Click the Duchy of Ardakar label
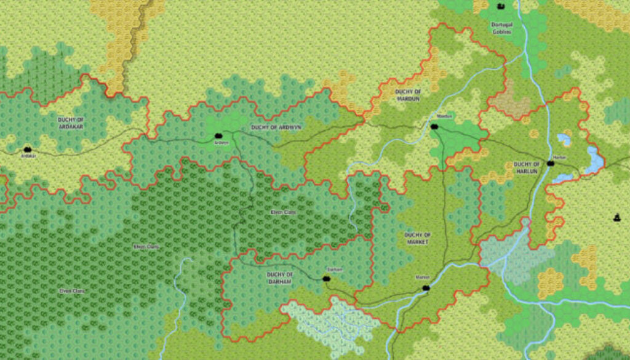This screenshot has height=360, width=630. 70,122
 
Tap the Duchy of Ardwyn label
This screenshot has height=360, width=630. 276,127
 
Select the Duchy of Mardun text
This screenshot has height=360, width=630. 407,94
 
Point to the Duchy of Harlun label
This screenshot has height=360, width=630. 527,167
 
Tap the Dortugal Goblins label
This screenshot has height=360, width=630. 501,28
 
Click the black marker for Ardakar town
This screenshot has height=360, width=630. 28,149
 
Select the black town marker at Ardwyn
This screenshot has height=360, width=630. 218,135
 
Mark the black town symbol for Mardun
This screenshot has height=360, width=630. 434,126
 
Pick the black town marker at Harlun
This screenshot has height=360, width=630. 551,164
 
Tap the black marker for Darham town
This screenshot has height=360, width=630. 326,279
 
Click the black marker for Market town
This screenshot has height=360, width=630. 425,287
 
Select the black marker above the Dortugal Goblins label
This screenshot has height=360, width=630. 501,7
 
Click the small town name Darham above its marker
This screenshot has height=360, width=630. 334,270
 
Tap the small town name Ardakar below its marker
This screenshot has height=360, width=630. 28,156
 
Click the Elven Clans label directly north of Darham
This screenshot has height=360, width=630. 284,212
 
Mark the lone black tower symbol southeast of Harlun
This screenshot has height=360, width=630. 616,217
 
